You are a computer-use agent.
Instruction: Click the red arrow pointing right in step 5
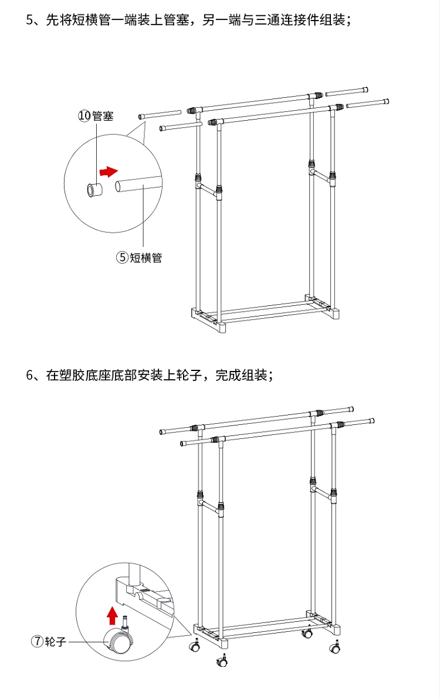(109, 171)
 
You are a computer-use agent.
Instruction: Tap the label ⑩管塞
(96, 116)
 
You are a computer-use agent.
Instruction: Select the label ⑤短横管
(139, 257)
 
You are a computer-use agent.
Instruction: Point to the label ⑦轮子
(48, 642)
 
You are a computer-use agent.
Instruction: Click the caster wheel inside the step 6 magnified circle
(120, 639)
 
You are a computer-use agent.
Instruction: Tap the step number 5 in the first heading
(29, 20)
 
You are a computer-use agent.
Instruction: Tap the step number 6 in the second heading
(29, 375)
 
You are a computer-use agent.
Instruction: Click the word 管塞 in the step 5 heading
(176, 20)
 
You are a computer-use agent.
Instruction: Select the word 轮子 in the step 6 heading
(189, 375)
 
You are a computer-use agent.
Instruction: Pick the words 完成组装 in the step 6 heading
(241, 375)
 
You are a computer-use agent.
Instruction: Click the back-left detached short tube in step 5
(160, 114)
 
